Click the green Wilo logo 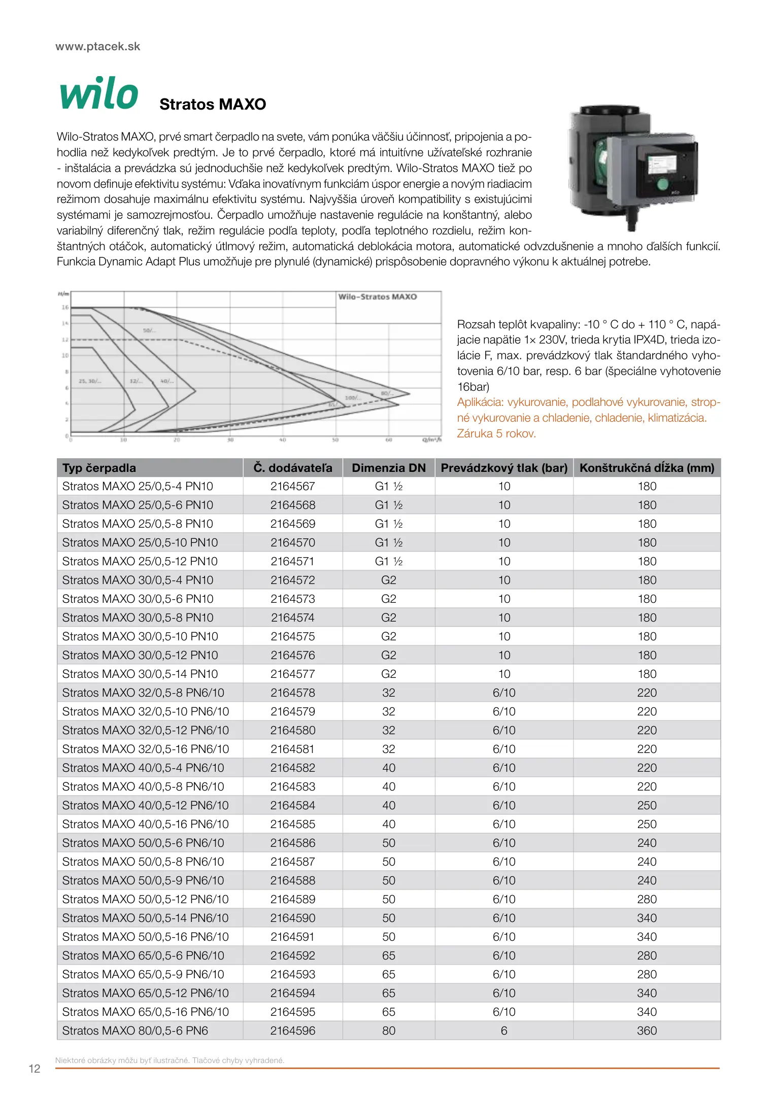pyautogui.click(x=99, y=93)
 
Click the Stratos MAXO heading pyautogui.click(x=213, y=105)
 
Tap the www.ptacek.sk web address pyautogui.click(x=97, y=47)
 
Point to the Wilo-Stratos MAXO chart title pyautogui.click(x=377, y=297)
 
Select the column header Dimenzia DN pyautogui.click(x=388, y=468)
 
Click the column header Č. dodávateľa pyautogui.click(x=293, y=468)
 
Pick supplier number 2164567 pyautogui.click(x=292, y=487)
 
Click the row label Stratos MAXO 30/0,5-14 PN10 pyautogui.click(x=140, y=674)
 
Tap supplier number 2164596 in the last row pyautogui.click(x=292, y=1031)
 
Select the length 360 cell pyautogui.click(x=647, y=1031)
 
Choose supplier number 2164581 pyautogui.click(x=292, y=749)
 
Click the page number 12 pyautogui.click(x=34, y=1069)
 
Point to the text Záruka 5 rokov pyautogui.click(x=496, y=434)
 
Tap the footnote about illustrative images pyautogui.click(x=170, y=1060)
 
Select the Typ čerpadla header pyautogui.click(x=99, y=468)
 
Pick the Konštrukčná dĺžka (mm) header pyautogui.click(x=647, y=468)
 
